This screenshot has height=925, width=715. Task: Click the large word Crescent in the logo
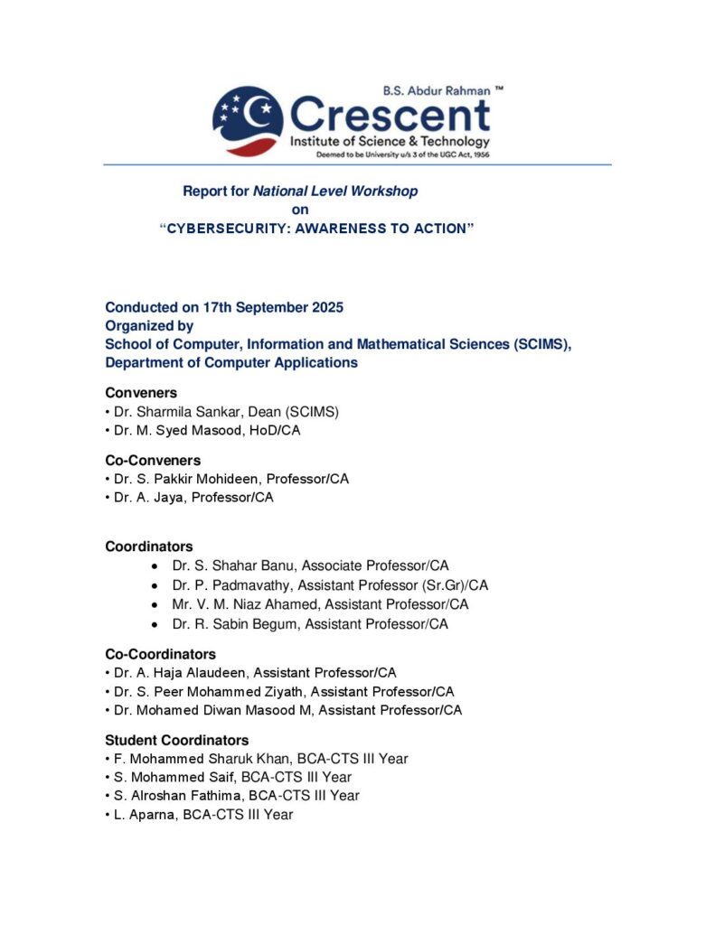click(390, 116)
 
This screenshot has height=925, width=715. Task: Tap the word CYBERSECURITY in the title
click(226, 229)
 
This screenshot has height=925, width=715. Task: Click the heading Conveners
click(141, 393)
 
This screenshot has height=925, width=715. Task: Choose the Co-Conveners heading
click(153, 461)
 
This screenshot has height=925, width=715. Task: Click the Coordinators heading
click(149, 547)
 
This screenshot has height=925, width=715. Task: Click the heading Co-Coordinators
click(161, 654)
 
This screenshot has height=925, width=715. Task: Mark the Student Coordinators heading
click(177, 741)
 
